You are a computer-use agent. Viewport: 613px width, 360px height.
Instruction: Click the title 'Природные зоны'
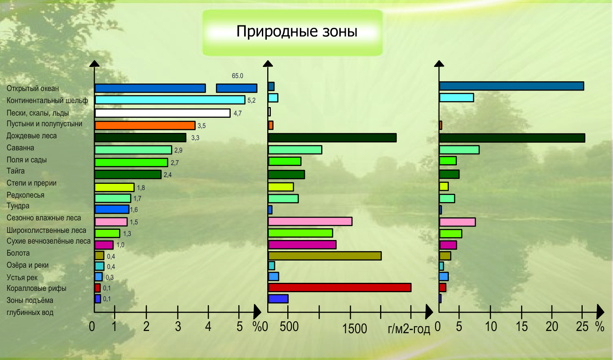(297, 31)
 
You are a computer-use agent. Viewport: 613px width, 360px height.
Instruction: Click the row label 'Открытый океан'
(33, 88)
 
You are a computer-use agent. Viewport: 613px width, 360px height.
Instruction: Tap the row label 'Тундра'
(18, 206)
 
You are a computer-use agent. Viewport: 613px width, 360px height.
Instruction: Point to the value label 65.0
(237, 76)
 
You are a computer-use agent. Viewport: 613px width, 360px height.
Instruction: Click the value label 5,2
(251, 100)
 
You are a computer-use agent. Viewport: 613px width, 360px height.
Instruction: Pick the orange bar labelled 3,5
(145, 125)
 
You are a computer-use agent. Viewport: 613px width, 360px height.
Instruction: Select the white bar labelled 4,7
(162, 113)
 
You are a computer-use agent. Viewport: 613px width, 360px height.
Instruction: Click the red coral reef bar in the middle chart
(339, 287)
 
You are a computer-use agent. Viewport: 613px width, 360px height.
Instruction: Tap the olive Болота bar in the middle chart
(324, 255)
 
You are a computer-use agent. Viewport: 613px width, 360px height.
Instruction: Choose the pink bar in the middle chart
(310, 221)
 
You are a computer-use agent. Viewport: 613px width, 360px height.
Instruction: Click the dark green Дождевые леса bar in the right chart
(512, 138)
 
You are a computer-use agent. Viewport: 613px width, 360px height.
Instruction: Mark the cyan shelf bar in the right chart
(456, 97)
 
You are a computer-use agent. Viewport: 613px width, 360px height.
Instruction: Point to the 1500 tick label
(355, 329)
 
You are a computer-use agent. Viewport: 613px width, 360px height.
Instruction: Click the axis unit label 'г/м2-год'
(409, 329)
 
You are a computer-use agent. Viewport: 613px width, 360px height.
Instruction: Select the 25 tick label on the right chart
(582, 327)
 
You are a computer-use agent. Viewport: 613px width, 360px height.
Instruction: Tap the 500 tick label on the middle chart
(289, 327)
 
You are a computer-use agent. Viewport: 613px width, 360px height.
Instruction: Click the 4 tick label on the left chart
(208, 327)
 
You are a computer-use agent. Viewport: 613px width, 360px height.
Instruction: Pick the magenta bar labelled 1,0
(104, 245)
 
